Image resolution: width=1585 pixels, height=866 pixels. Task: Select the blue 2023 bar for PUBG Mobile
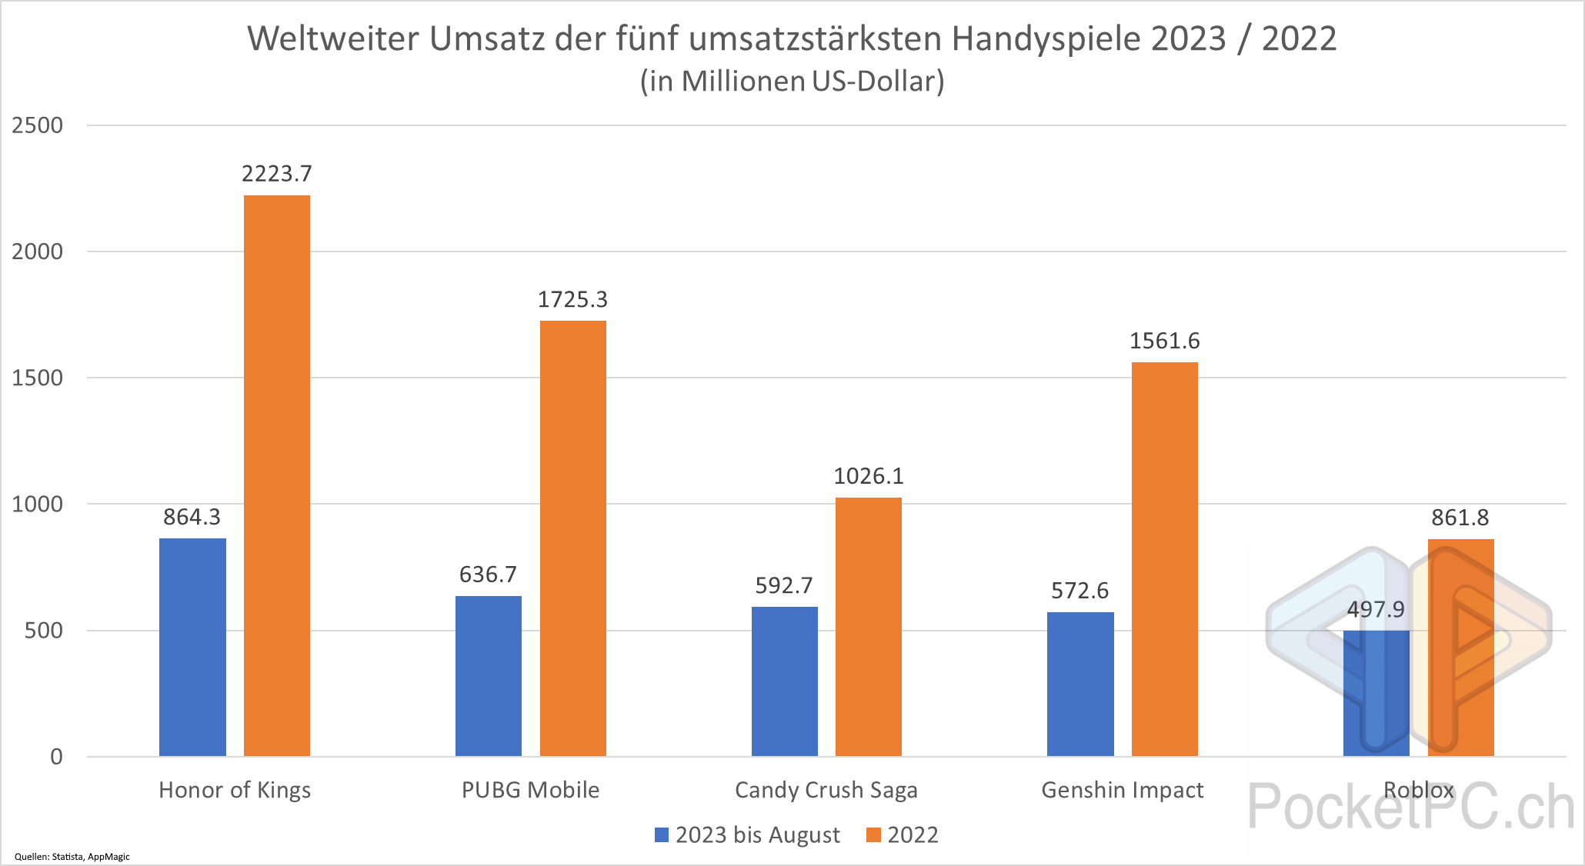pyautogui.click(x=488, y=676)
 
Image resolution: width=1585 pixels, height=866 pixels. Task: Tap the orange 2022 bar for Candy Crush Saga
pyautogui.click(x=868, y=627)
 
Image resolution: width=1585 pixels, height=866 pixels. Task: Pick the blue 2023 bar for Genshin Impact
pyautogui.click(x=1080, y=684)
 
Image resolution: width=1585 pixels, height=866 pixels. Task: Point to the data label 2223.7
pyautogui.click(x=277, y=174)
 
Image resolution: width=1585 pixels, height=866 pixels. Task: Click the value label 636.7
pyautogui.click(x=488, y=575)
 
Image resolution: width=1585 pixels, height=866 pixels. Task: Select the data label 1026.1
pyautogui.click(x=869, y=477)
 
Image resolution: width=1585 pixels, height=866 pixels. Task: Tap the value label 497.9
pyautogui.click(x=1376, y=610)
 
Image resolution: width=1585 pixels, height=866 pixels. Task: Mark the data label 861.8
pyautogui.click(x=1460, y=518)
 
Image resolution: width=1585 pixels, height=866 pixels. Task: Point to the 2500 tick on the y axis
pyautogui.click(x=37, y=125)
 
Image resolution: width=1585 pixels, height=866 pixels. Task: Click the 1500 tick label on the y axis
pyautogui.click(x=37, y=378)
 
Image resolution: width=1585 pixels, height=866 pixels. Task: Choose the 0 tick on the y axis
pyautogui.click(x=56, y=757)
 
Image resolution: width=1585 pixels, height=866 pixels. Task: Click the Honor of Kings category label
pyautogui.click(x=235, y=791)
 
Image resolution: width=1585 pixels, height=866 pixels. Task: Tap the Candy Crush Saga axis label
pyautogui.click(x=826, y=791)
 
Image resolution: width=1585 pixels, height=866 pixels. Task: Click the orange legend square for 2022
pyautogui.click(x=873, y=835)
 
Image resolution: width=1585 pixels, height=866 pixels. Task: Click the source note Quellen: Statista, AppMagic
pyautogui.click(x=72, y=857)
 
